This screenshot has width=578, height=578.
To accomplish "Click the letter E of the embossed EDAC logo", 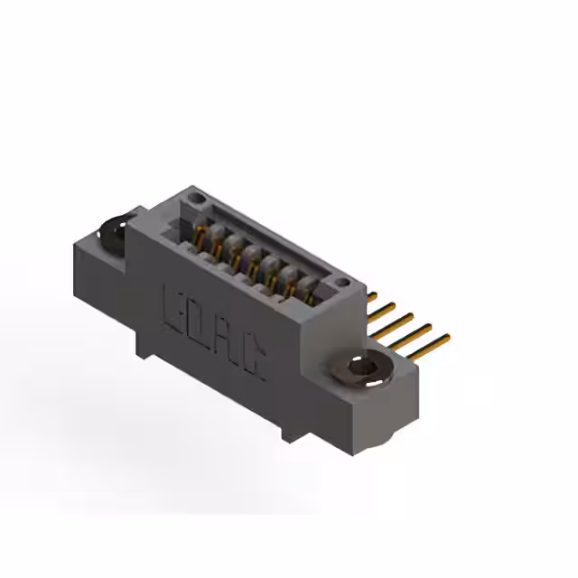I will click(173, 305).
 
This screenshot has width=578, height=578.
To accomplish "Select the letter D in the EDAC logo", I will click(198, 321).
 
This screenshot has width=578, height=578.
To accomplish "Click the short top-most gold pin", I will click(371, 296).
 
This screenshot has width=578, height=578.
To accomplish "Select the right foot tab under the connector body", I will click(291, 431).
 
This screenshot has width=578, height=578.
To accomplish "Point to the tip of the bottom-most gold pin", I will click(446, 338).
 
